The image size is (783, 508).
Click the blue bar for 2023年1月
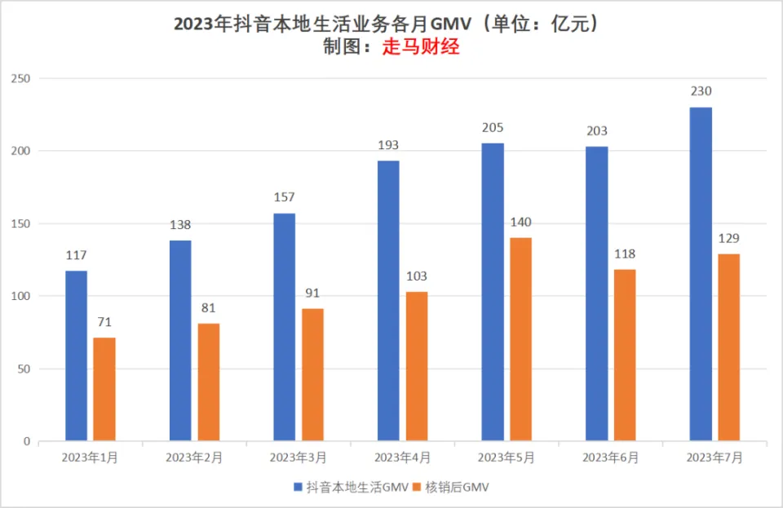click(x=76, y=356)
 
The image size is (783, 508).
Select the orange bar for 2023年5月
click(x=520, y=339)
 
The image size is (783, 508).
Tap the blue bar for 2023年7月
click(x=701, y=274)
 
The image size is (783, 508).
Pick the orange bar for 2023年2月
click(x=208, y=382)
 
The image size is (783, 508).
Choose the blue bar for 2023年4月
click(x=388, y=301)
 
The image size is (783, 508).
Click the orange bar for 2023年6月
click(x=625, y=355)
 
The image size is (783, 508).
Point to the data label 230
click(x=701, y=91)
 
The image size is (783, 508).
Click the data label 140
click(x=520, y=223)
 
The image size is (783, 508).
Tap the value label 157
click(x=284, y=197)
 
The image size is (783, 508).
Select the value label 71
click(x=104, y=322)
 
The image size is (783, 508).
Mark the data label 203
click(x=596, y=131)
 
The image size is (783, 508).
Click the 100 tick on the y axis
click(x=20, y=296)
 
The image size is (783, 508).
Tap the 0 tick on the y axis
click(x=26, y=441)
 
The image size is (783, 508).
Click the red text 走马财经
click(x=421, y=47)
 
